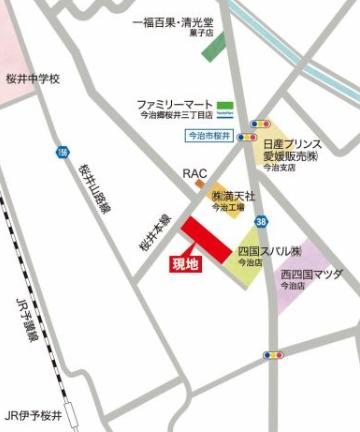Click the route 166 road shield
[x=63, y=153]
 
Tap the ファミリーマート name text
[x=176, y=103]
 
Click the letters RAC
[x=194, y=173]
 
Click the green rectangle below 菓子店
[x=214, y=46]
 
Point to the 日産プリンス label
[x=290, y=144]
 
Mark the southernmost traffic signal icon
[x=271, y=355]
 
